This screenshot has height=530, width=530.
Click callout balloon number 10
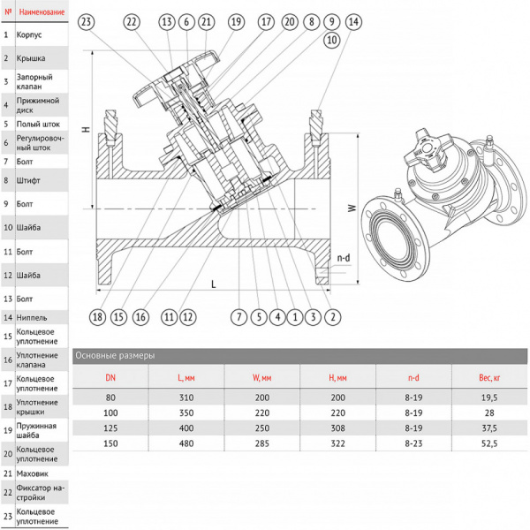(x=332, y=40)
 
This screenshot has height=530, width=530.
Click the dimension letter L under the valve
(x=213, y=284)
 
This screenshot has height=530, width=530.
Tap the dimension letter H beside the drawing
(x=86, y=130)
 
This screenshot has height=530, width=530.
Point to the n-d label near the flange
(x=343, y=257)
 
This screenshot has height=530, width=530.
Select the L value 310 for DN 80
(x=185, y=397)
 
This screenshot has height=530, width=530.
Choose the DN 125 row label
(x=110, y=428)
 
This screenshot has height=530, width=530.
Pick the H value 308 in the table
(x=337, y=428)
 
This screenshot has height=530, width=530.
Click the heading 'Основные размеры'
(x=114, y=355)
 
